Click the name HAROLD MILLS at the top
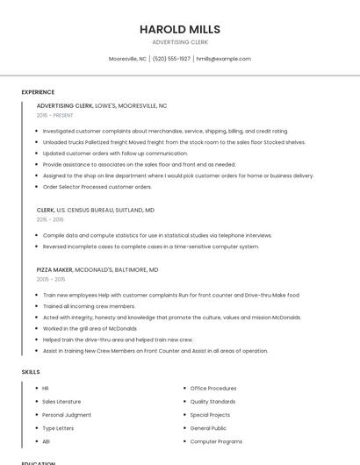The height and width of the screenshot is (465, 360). point(179,29)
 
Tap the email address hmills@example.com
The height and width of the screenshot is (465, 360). point(223,59)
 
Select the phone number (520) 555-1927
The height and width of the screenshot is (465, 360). point(171,59)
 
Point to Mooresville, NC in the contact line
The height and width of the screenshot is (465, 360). point(127,59)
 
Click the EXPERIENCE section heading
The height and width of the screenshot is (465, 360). point(38,92)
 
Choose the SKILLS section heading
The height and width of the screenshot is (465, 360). point(31,372)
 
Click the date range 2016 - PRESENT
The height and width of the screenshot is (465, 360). point(55,115)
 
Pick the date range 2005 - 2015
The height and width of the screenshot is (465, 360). point(51,279)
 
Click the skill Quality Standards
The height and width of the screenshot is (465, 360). point(212,401)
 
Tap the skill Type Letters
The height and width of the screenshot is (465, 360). point(58,427)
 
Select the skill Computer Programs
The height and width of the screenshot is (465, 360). point(216,441)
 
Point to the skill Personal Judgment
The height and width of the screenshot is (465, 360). point(67,414)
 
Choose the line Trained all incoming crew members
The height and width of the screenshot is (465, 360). point(89,306)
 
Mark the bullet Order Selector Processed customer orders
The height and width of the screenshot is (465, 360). point(97,187)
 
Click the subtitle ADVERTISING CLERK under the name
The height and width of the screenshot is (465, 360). point(179,42)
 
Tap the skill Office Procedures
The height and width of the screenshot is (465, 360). point(213,388)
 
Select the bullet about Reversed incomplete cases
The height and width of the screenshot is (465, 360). point(150,247)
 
